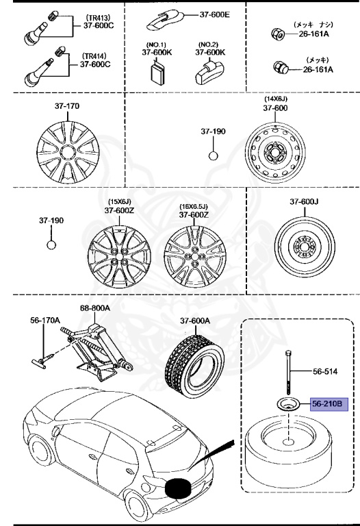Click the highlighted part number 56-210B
329,404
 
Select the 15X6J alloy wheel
116,254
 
